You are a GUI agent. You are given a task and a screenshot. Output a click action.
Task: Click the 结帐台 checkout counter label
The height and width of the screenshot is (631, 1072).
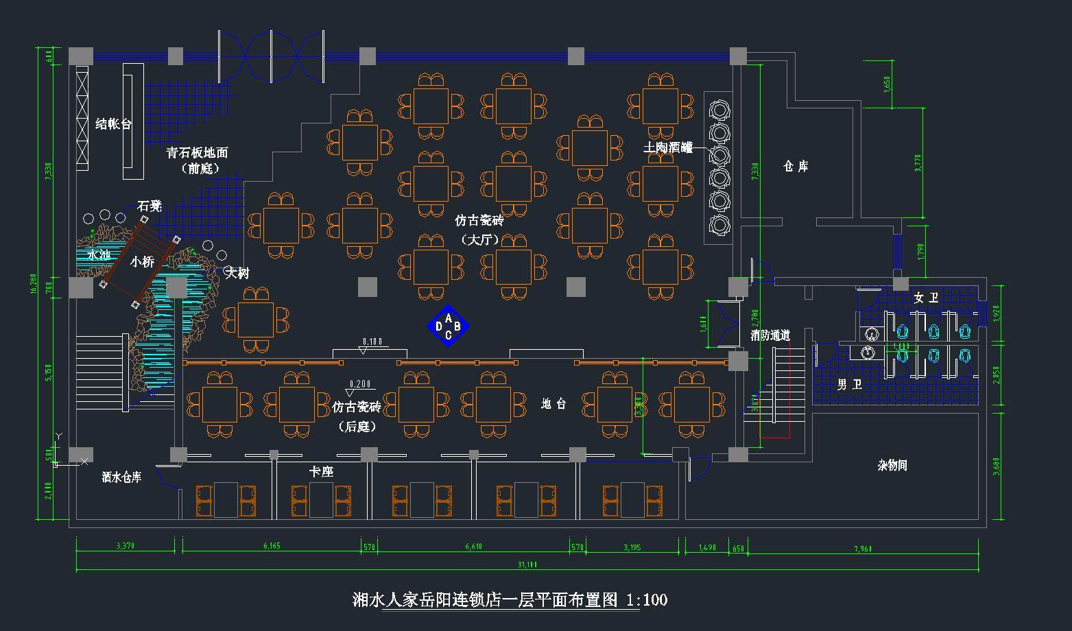click(x=113, y=124)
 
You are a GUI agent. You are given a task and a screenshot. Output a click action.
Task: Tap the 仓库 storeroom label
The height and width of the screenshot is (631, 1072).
click(x=796, y=167)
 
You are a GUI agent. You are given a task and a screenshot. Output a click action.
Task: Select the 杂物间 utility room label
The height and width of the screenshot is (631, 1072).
click(x=892, y=466)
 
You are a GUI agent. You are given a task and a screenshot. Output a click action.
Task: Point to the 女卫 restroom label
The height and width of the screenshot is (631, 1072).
click(x=925, y=298)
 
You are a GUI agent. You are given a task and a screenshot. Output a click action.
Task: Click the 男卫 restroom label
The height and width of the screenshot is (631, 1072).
click(x=849, y=385)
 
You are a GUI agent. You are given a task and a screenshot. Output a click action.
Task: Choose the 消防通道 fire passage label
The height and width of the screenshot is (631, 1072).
click(x=770, y=335)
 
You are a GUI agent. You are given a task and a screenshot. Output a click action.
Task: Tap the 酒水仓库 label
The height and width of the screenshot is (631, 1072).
click(x=121, y=477)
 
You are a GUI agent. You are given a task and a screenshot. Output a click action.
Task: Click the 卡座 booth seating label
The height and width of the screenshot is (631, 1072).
click(x=321, y=472)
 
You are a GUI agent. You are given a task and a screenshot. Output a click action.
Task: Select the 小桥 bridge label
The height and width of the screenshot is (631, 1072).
click(x=142, y=261)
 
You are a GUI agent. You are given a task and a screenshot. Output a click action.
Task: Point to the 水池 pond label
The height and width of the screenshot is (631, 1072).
click(x=99, y=255)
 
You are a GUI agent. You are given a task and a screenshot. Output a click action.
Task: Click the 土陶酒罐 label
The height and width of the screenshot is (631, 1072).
click(x=667, y=147)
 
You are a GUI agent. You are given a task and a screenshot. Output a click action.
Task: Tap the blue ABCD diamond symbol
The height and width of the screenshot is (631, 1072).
click(x=449, y=326)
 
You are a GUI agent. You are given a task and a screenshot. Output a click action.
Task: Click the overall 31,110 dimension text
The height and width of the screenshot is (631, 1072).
click(x=527, y=564)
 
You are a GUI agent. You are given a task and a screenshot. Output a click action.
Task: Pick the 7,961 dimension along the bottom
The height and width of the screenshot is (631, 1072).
click(x=863, y=548)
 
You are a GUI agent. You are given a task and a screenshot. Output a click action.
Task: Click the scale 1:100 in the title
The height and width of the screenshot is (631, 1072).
click(x=647, y=600)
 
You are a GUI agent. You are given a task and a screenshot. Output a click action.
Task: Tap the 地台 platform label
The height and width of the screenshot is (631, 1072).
click(x=553, y=404)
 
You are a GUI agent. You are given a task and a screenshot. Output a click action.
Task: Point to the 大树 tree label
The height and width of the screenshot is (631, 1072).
click(x=237, y=273)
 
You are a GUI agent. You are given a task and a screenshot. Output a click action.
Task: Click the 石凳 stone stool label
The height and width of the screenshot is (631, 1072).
click(x=149, y=206)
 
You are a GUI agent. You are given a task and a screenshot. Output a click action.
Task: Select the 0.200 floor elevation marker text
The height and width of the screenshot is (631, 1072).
click(x=360, y=384)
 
